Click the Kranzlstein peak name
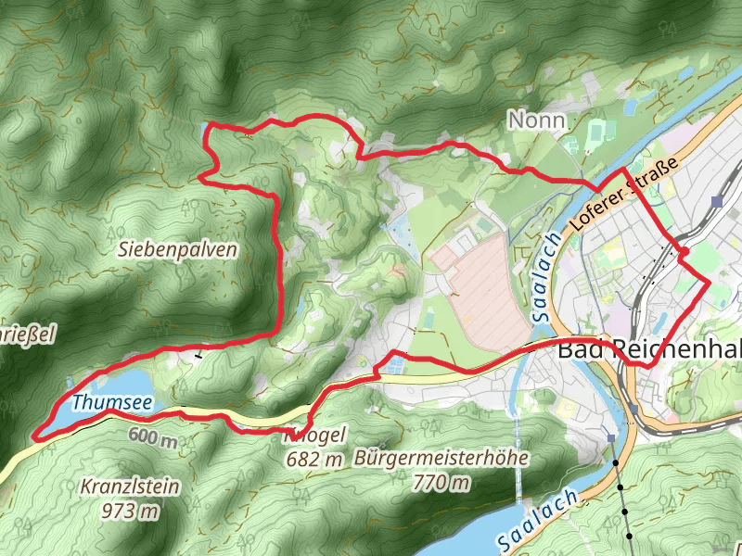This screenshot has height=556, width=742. click(x=130, y=486)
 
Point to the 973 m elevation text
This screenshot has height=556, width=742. click(x=131, y=510)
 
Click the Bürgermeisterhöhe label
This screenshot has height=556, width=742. click(x=441, y=458)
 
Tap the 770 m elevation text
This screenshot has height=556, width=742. click(x=442, y=482)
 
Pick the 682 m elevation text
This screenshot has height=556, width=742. click(x=315, y=460)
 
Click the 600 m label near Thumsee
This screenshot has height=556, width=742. click(x=153, y=436)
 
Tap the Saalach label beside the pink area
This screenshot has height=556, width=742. click(x=544, y=277)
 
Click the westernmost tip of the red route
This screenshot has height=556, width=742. click(x=34, y=434)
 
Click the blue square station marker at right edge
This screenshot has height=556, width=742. click(x=718, y=200)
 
